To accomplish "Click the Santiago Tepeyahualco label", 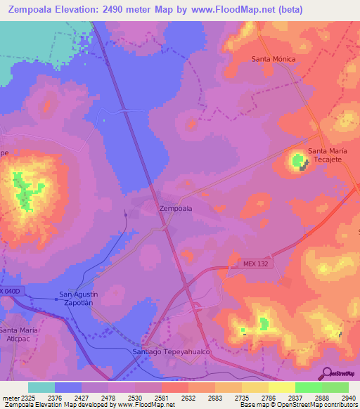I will pos(172,351).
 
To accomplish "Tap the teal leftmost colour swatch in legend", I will pos(41,387).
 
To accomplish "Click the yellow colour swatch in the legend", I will pos(281,387).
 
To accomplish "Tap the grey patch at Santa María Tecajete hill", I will pos(304,167).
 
